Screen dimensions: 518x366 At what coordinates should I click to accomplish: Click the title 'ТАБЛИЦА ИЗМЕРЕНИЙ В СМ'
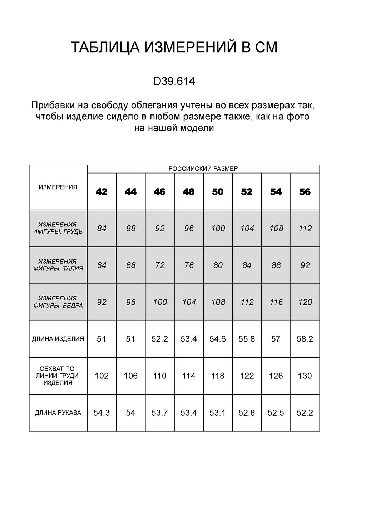coord(174,48)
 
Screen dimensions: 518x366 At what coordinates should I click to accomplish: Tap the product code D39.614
coord(174,82)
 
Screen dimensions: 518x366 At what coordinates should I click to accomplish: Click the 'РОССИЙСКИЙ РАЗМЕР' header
coord(203,169)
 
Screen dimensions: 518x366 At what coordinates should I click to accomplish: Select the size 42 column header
coord(102,192)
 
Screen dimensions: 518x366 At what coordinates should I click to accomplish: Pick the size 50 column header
coord(218,192)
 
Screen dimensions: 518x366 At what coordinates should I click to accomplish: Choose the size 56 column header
coord(305,192)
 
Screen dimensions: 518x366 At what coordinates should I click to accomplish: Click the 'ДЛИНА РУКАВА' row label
coord(58,413)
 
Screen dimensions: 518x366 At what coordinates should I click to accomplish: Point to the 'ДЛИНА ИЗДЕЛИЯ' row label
coord(58,339)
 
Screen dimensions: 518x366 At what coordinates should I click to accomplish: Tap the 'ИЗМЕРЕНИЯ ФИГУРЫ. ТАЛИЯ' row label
coord(58,265)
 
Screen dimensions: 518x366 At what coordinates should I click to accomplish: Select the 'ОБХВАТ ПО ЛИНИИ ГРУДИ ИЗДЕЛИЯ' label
coord(58,376)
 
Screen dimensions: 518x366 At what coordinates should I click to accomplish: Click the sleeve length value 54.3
coord(102,413)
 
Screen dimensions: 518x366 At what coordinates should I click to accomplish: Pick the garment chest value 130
coord(305,376)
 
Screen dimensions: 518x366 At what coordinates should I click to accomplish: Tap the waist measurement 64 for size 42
coord(102,265)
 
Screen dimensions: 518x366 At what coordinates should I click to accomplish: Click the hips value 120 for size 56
coord(305,302)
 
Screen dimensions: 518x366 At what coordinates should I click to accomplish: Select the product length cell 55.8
coord(247,339)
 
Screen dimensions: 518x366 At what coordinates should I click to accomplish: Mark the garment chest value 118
coord(218,376)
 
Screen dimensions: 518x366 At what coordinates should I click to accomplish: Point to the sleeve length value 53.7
coord(159,413)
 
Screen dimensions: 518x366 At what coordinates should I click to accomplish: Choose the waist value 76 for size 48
coord(189,265)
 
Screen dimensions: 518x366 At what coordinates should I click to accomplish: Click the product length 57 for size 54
coord(276,339)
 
